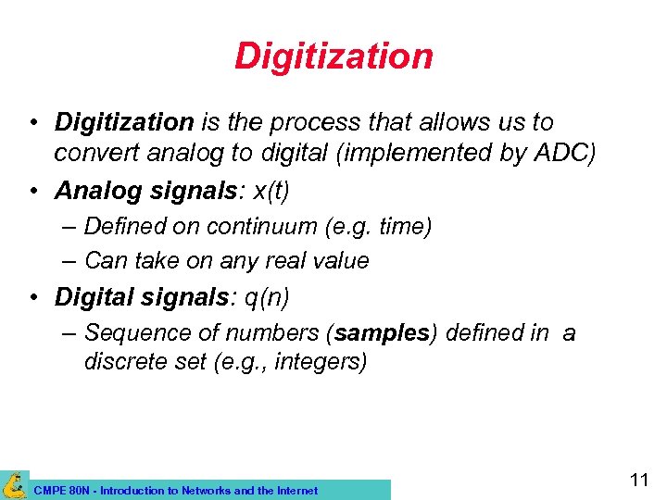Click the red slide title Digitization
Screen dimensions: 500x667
point(333,56)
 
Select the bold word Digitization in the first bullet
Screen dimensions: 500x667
point(124,122)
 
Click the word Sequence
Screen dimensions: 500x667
point(136,332)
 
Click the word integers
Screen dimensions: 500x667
point(316,361)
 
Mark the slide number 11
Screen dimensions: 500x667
point(638,480)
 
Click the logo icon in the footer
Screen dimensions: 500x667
point(14,485)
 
